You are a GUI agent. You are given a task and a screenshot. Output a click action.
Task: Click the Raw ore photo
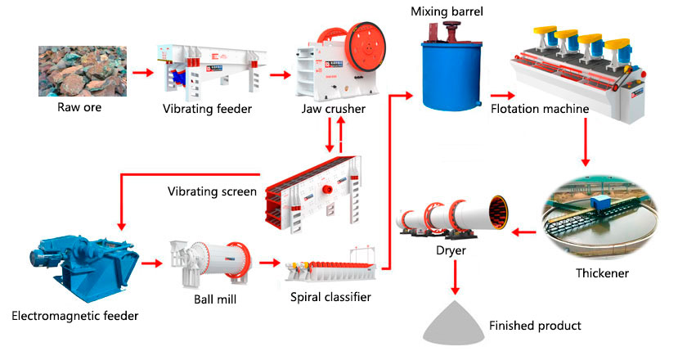79,71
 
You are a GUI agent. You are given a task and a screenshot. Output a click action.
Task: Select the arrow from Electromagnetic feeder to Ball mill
152,263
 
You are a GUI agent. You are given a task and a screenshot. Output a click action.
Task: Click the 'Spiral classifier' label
330,297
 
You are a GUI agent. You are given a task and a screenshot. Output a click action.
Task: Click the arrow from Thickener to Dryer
524,233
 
